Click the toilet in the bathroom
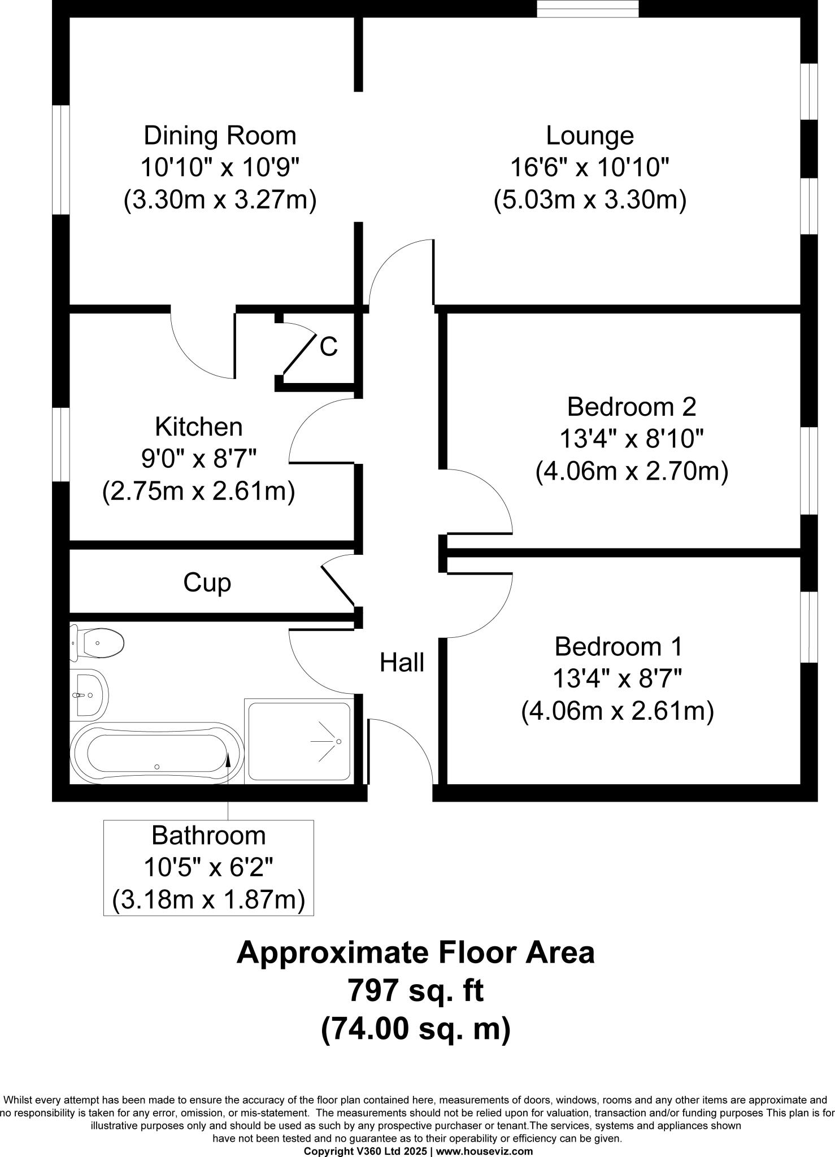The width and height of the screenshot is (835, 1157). [x=99, y=643]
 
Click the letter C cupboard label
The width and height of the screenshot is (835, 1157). [x=328, y=347]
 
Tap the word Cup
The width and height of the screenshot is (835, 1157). [x=207, y=582]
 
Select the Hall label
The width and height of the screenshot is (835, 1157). [x=402, y=662]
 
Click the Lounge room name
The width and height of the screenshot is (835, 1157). [x=590, y=136]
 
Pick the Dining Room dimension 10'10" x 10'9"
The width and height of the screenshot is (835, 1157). [x=219, y=168]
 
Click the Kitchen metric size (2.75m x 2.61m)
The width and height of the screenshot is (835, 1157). [x=198, y=491]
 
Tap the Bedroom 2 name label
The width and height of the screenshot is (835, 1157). [x=631, y=406]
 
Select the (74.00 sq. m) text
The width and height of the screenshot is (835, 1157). [x=415, y=1029]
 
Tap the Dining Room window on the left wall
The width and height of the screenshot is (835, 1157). [x=60, y=159]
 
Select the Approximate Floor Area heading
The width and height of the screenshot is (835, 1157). [x=415, y=952]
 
